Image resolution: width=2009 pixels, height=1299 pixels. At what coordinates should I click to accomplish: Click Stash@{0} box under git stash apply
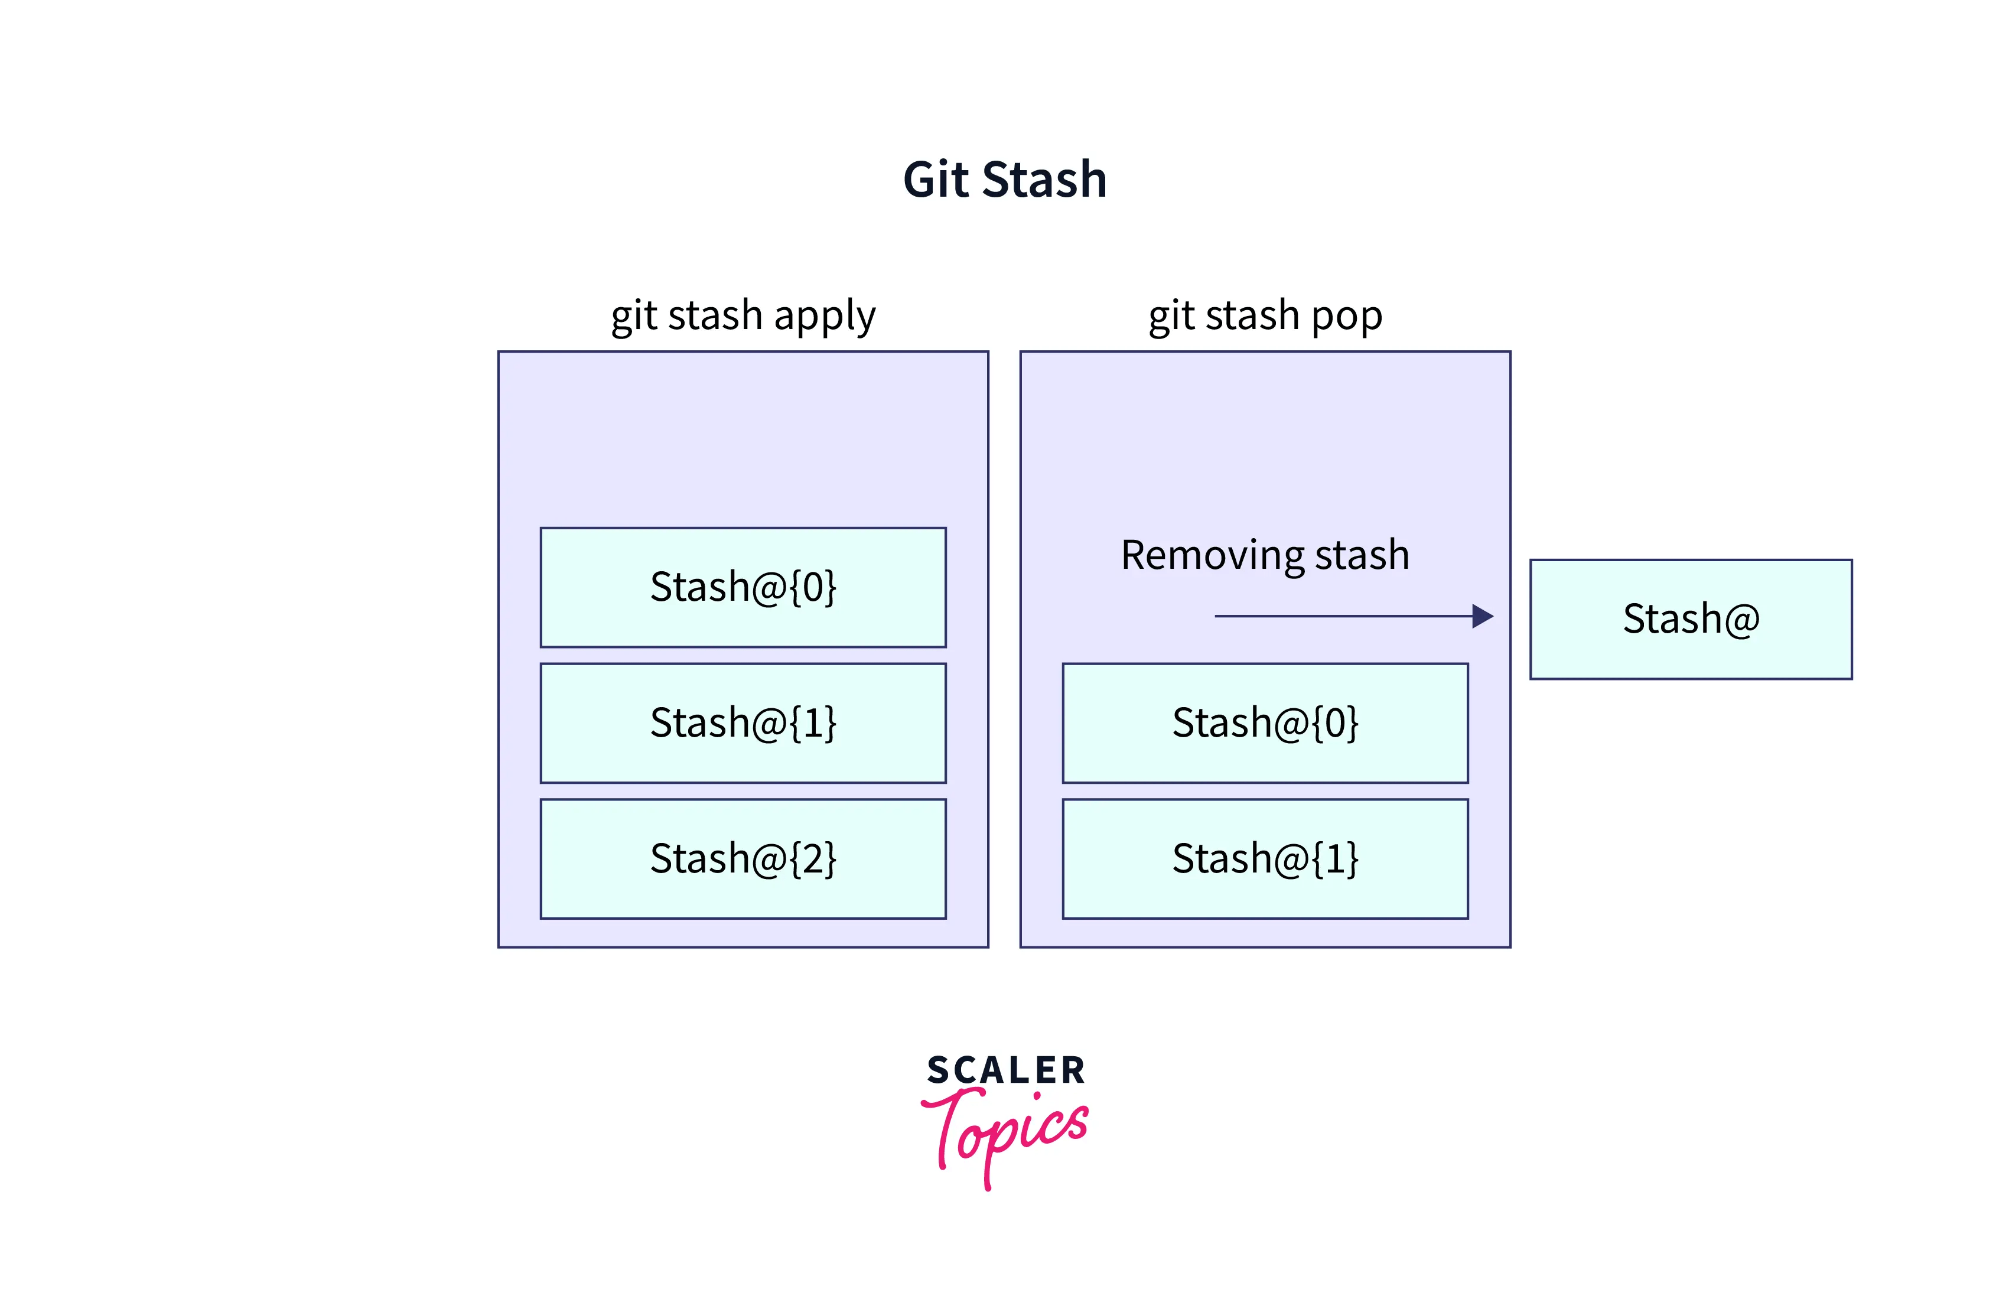[x=743, y=587]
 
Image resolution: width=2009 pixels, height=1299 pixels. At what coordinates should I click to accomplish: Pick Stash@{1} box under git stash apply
[x=743, y=723]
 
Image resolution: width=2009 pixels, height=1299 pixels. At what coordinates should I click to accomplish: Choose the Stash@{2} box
[x=743, y=859]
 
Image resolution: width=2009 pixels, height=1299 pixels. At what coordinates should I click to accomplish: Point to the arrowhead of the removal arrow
[x=1482, y=616]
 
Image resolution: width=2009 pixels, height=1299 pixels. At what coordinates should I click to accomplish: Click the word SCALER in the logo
[x=1005, y=1070]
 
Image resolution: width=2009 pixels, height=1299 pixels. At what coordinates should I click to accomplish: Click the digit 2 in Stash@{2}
[x=812, y=859]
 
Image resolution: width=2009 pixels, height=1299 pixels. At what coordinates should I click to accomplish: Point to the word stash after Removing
[x=1361, y=556]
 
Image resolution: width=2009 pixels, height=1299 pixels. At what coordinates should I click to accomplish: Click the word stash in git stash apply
[x=715, y=315]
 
